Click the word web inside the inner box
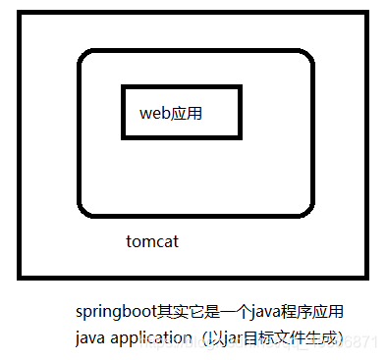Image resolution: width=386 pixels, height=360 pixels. coord(154,113)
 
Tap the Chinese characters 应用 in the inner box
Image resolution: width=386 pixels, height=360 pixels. coord(187,113)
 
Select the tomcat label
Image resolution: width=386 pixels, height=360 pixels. coord(152,240)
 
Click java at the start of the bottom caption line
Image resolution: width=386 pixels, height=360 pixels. coord(89,337)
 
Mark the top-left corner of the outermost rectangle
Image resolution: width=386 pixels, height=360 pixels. coord(19,13)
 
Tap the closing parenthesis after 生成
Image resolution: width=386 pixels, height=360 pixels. coord(341,337)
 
